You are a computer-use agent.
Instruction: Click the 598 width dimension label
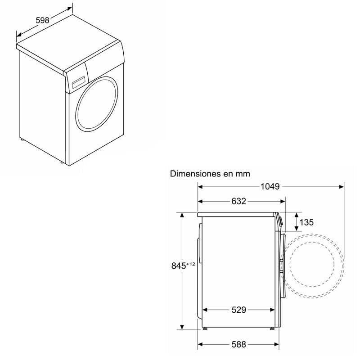pyautogui.click(x=42, y=20)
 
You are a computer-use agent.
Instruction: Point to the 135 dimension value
pyautogui.click(x=306, y=222)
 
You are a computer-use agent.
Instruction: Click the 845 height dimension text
pyautogui.click(x=179, y=266)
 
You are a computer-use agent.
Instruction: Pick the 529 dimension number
pyautogui.click(x=238, y=310)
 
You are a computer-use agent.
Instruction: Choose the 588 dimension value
pyautogui.click(x=238, y=344)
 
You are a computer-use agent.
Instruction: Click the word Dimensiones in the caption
pyautogui.click(x=195, y=173)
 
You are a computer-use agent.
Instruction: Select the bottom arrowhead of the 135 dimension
pyautogui.click(x=296, y=229)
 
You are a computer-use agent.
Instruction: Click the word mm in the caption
pyautogui.click(x=243, y=173)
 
